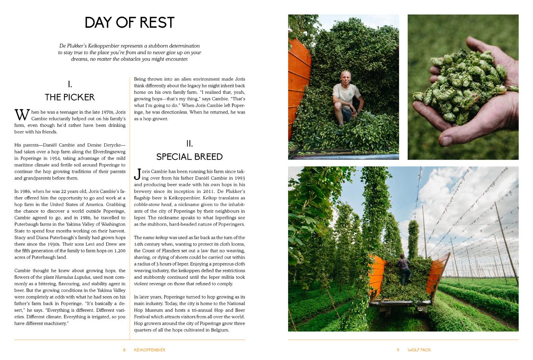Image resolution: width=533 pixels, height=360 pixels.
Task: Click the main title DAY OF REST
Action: pyautogui.click(x=130, y=23)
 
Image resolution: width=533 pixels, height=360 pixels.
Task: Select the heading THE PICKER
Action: pyautogui.click(x=70, y=97)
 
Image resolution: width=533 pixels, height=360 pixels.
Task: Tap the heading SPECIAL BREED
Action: pyautogui.click(x=189, y=157)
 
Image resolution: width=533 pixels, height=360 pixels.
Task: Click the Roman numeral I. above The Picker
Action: pyautogui.click(x=70, y=84)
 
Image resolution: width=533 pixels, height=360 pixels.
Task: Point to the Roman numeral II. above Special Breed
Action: pyautogui.click(x=189, y=144)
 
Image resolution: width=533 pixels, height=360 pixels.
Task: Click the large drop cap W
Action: pyautogui.click(x=22, y=115)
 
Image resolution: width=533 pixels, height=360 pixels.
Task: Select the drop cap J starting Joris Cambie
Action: pyautogui.click(x=137, y=175)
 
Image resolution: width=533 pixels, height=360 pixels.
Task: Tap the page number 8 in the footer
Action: pyautogui.click(x=124, y=350)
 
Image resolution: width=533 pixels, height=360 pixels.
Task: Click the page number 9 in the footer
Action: pyautogui.click(x=398, y=350)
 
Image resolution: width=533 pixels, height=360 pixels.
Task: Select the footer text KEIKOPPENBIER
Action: pyautogui.click(x=149, y=350)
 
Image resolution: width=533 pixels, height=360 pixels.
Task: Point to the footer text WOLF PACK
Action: pyautogui.click(x=419, y=350)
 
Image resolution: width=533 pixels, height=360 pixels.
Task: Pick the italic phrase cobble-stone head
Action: pyautogui.click(x=151, y=205)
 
